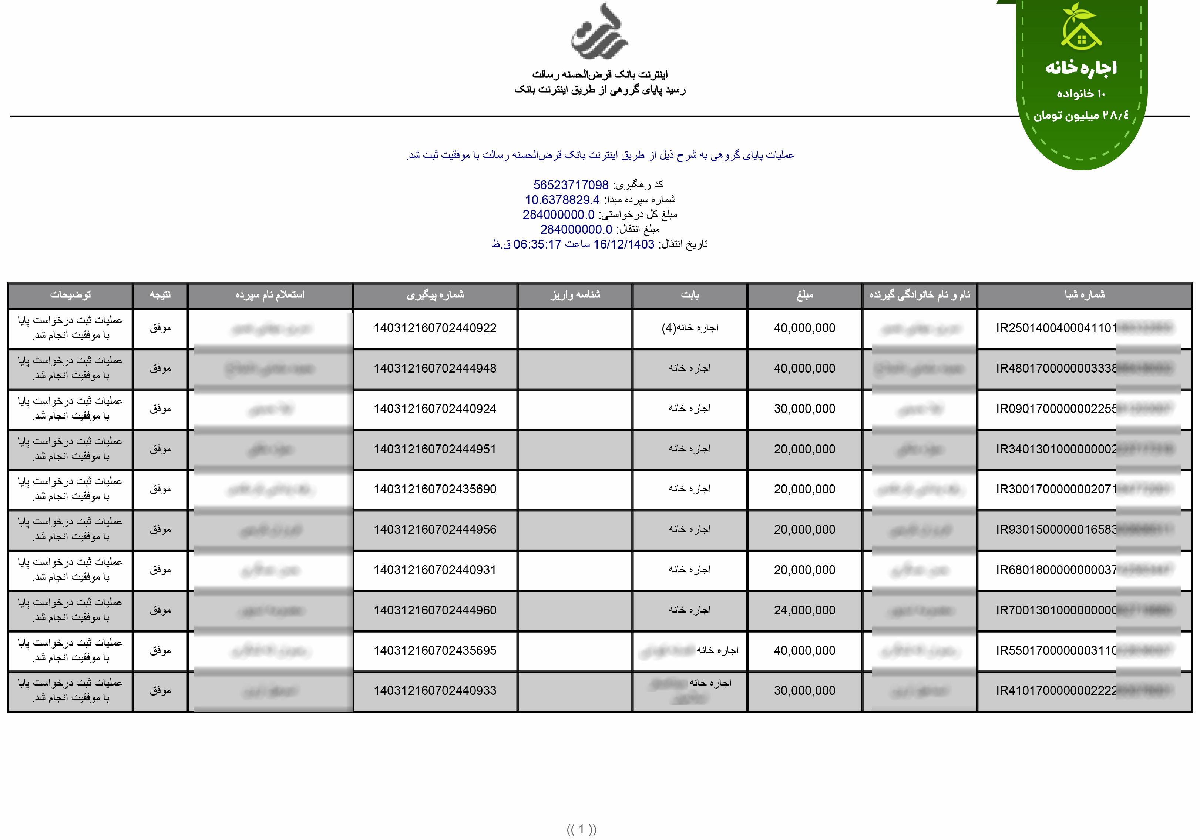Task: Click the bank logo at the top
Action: pos(599,33)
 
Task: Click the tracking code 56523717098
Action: pos(571,185)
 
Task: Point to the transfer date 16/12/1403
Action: pos(623,244)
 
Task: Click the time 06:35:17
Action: pos(537,244)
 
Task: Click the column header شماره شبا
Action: pos(1085,295)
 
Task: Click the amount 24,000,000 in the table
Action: pos(804,610)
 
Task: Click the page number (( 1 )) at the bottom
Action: pos(581,829)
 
